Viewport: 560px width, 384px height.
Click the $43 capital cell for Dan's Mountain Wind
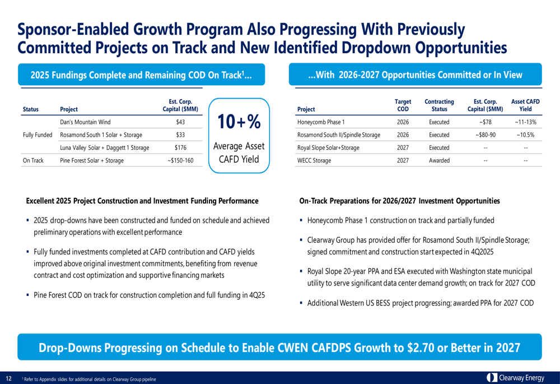click(180, 122)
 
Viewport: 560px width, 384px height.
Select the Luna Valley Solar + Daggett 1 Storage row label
click(104, 147)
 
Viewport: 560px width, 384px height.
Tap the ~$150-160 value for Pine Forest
click(180, 160)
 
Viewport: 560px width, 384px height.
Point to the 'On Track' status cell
click(32, 160)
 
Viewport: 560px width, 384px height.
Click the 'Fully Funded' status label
click(38, 135)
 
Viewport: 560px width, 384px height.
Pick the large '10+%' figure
click(239, 122)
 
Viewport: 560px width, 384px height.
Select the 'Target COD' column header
click(403, 105)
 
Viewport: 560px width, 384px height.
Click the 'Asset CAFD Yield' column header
click(525, 105)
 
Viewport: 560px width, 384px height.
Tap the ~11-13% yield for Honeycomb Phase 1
click(525, 122)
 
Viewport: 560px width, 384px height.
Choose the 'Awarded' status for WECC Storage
click(439, 160)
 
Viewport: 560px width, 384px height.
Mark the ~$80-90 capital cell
click(485, 135)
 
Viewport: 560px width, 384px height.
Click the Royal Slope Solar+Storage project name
click(328, 147)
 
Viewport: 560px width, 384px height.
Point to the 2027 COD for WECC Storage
click(403, 160)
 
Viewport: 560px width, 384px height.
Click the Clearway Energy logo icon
click(492, 378)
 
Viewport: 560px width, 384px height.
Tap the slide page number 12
click(9, 378)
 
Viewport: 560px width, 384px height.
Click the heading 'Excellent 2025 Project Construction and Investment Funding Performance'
click(142, 201)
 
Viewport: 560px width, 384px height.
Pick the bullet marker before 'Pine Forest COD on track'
click(29, 295)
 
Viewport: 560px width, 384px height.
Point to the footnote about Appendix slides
click(90, 380)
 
